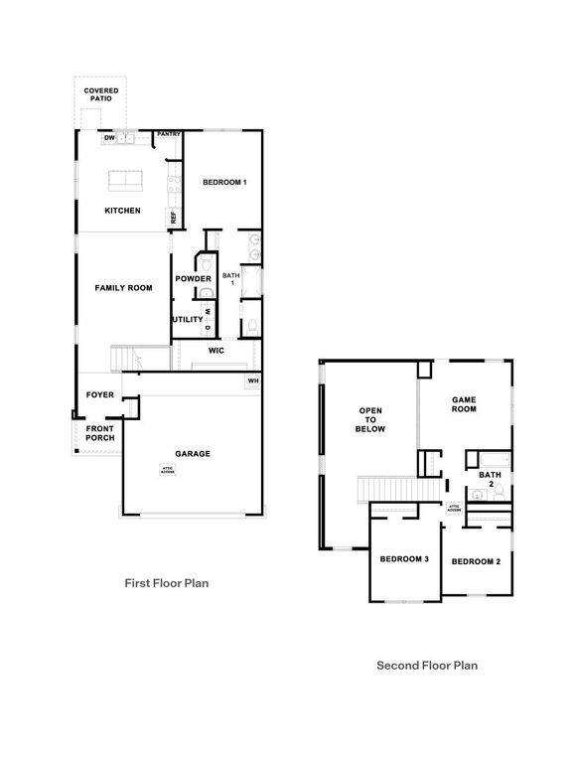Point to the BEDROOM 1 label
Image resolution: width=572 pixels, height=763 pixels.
[x=224, y=183]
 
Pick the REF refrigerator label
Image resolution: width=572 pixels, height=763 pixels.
[x=172, y=217]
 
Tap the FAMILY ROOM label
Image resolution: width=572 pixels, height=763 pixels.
[x=123, y=288]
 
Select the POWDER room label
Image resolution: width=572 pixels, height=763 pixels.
[x=193, y=279]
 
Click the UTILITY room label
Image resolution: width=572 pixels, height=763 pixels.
[x=187, y=320]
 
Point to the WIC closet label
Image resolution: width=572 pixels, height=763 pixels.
[x=215, y=351]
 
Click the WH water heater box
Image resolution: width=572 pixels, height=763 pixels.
[x=252, y=381]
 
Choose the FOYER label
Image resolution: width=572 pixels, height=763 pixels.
[x=99, y=395]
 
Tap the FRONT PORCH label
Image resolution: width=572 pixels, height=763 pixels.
[x=99, y=434]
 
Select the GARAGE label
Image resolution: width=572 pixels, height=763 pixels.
[x=193, y=454]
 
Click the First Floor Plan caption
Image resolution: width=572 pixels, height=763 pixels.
[x=166, y=584]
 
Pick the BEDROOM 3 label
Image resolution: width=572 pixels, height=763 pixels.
[x=404, y=559]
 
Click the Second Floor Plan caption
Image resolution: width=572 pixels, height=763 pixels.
[x=427, y=666]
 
